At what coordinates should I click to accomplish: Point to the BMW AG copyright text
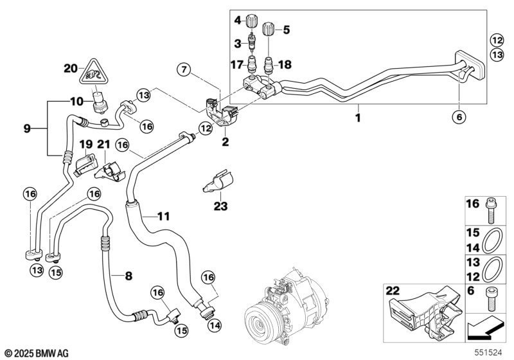point(37,352)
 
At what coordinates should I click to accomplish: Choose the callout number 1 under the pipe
point(358,118)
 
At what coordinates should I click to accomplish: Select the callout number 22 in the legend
point(393,292)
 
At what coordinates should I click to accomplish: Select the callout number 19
point(86,143)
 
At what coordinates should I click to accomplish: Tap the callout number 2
point(226,141)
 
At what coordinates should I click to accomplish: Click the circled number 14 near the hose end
point(213,325)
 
